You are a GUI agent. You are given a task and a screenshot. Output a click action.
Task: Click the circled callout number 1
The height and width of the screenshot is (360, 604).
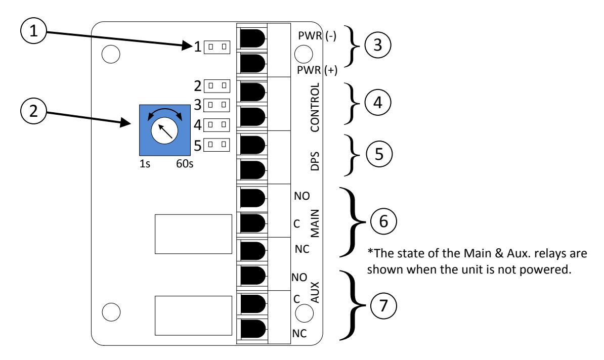tap(33, 31)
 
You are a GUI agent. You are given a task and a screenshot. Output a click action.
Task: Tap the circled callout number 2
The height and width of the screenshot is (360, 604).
tap(33, 111)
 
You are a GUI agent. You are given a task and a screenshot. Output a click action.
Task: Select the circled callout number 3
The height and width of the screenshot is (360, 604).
tap(377, 44)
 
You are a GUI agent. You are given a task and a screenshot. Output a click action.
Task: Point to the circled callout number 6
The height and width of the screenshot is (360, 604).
tap(383, 221)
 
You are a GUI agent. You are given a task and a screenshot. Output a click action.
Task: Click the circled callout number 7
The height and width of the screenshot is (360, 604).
tap(383, 306)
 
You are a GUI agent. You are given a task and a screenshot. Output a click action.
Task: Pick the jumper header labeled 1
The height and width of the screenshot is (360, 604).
tap(217, 47)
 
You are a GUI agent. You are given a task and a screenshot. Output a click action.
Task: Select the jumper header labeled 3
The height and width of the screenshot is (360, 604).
tap(217, 105)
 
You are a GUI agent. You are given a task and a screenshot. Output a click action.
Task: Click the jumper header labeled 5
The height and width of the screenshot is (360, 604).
tap(217, 145)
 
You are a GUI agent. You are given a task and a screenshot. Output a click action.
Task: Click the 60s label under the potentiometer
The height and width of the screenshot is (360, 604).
tap(185, 164)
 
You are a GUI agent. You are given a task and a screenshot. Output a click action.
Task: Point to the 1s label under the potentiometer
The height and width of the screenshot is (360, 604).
tap(145, 164)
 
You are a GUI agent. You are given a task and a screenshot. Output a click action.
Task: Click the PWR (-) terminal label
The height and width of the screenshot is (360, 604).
tap(317, 36)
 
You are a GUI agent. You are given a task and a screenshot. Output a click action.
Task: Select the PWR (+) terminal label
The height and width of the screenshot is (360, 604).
tap(317, 70)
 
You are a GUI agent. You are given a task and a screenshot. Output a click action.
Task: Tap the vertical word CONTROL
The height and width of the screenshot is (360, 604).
tap(315, 107)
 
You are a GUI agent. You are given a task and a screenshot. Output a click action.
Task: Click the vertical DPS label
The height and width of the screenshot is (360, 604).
tap(315, 161)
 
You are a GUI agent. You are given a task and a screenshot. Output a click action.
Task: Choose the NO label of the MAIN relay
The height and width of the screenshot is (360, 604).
tap(301, 196)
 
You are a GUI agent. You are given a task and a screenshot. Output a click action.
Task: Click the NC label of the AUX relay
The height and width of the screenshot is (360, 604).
tap(299, 333)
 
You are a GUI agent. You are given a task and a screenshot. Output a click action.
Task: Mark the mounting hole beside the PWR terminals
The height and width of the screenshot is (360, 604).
tap(304, 54)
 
